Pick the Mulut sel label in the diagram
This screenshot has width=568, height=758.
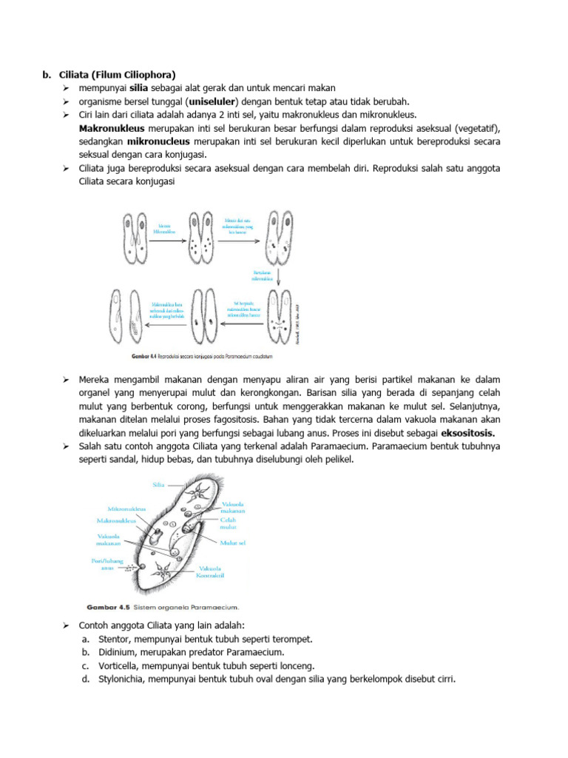(x=232, y=543)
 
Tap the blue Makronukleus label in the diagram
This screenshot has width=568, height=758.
(x=126, y=521)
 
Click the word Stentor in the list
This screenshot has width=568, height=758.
(x=113, y=639)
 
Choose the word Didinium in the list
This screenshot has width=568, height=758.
(x=116, y=652)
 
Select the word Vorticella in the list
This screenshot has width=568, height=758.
(x=118, y=665)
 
